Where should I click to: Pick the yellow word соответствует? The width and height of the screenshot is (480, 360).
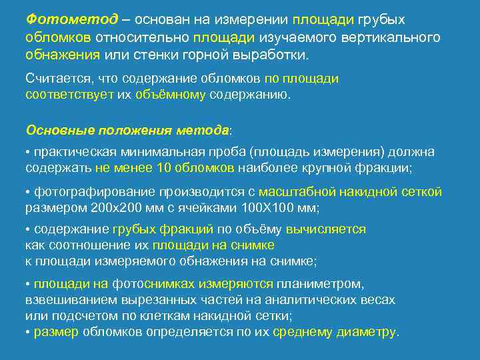[x=70, y=95]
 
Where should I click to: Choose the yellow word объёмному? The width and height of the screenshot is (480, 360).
[x=171, y=95]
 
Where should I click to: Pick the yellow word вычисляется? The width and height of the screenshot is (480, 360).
[x=326, y=229]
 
